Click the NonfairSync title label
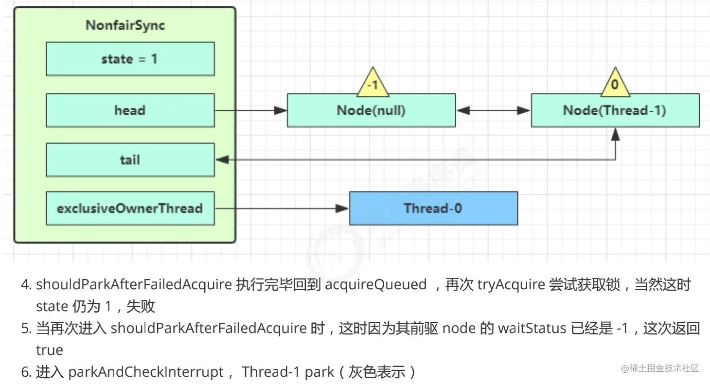click(125, 25)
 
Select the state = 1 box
click(130, 59)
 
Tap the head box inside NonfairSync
click(130, 110)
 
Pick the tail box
click(130, 160)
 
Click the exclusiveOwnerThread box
click(130, 209)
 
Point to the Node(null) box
click(371, 111)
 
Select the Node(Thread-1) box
click(615, 111)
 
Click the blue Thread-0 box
click(433, 209)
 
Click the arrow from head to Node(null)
click(250, 110)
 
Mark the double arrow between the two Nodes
click(493, 111)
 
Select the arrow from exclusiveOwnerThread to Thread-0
click(282, 209)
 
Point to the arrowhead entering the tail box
click(222, 160)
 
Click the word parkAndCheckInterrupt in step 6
click(146, 372)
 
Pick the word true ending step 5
click(49, 350)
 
